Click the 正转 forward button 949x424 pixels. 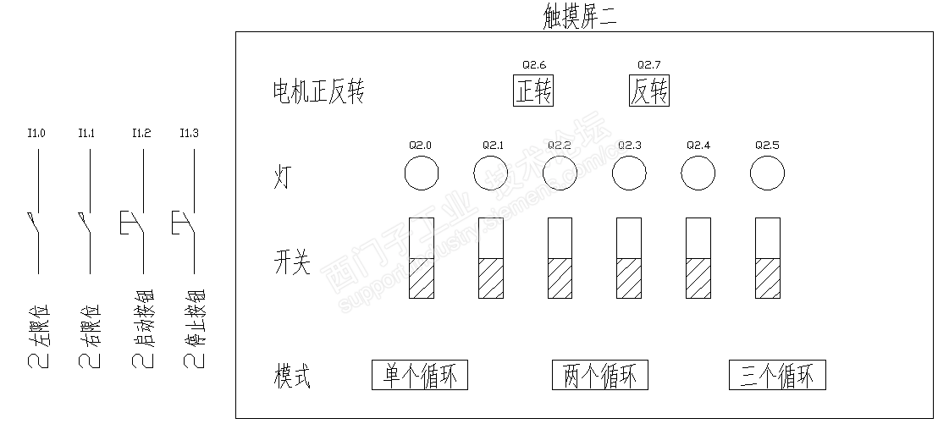coord(533,91)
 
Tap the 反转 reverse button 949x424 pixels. coord(649,91)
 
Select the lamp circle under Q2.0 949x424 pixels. coord(421,174)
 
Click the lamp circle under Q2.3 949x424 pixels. coord(629,174)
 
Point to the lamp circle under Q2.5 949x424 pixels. coord(767,174)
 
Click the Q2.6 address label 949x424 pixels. coord(534,64)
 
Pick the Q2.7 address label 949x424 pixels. coord(648,64)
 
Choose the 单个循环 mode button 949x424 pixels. coord(420,375)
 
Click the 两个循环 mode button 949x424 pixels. coord(600,375)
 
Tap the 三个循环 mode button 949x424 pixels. coord(777,375)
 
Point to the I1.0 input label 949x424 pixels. coord(36,133)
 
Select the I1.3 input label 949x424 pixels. coord(190,133)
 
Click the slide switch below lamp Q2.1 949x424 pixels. coord(491,257)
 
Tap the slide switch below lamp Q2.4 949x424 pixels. coord(698,257)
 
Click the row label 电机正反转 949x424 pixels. coord(317,91)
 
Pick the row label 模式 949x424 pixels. coord(292,376)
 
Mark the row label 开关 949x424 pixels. coord(292,263)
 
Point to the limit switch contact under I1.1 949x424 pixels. coord(86,223)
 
